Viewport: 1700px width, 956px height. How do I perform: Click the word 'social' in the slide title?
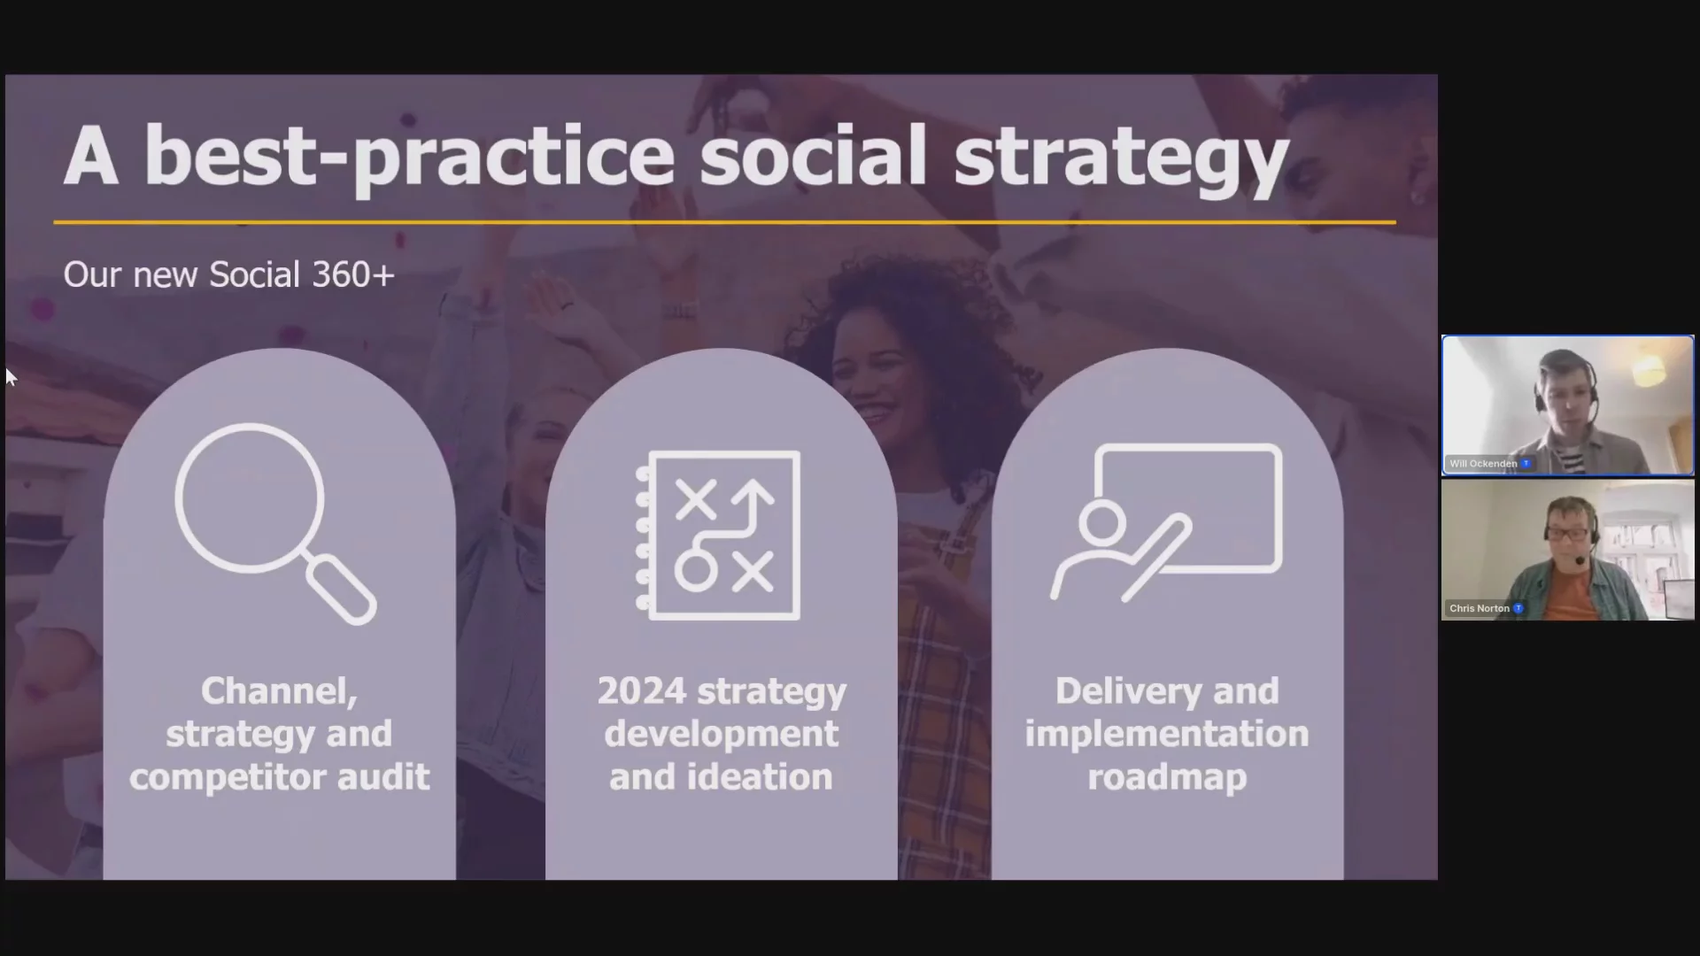pyautogui.click(x=813, y=156)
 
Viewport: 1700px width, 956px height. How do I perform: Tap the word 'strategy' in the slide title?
pyautogui.click(x=1120, y=162)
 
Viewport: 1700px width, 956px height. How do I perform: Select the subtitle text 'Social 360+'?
pyautogui.click(x=301, y=274)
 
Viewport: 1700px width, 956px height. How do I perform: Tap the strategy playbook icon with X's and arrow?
pyautogui.click(x=718, y=535)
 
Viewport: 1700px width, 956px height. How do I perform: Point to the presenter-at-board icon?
pyautogui.click(x=1166, y=522)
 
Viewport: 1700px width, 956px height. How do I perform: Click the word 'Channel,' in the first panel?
pyautogui.click(x=279, y=691)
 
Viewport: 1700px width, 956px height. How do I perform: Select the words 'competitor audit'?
pyautogui.click(x=279, y=777)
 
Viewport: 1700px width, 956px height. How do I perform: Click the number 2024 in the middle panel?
pyautogui.click(x=641, y=691)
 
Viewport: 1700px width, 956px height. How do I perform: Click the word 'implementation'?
pyautogui.click(x=1167, y=734)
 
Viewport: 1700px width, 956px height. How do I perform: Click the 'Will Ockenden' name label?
pyautogui.click(x=1483, y=464)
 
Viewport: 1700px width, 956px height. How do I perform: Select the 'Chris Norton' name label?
pyautogui.click(x=1480, y=608)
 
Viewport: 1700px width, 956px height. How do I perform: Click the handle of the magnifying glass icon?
pyautogui.click(x=342, y=590)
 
